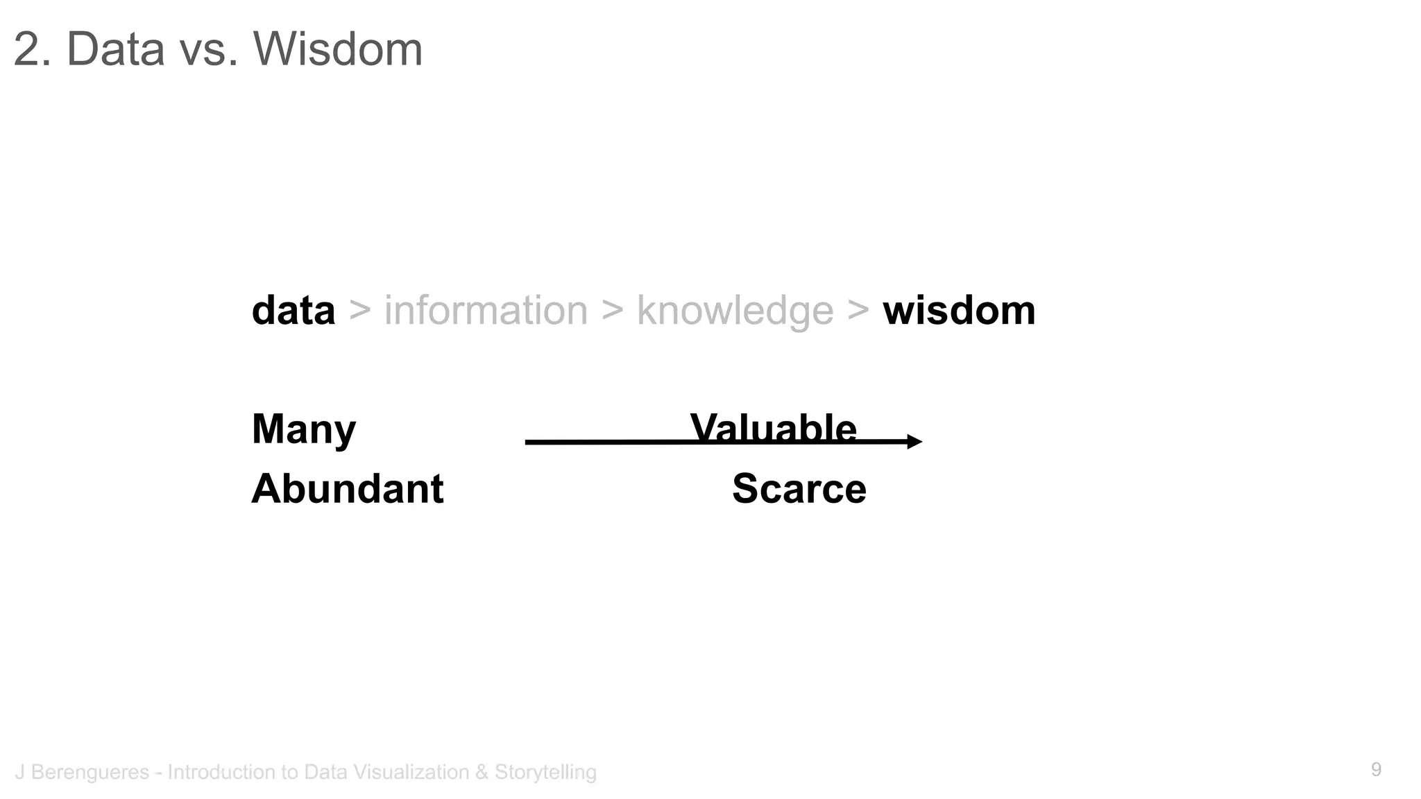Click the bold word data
coord(293,310)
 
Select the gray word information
coord(486,310)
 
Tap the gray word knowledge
coord(735,311)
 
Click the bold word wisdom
coord(959,310)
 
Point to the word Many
coord(304,429)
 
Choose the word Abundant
coord(347,489)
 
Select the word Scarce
coord(799,489)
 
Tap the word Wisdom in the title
coord(338,49)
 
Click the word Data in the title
coord(115,49)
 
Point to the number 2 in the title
coord(26,49)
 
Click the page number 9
coord(1376,769)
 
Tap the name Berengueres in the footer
coord(90,772)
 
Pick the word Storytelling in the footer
coord(545,772)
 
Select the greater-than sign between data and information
coord(359,310)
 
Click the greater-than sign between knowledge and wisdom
coord(858,310)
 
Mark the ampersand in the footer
coord(482,772)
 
